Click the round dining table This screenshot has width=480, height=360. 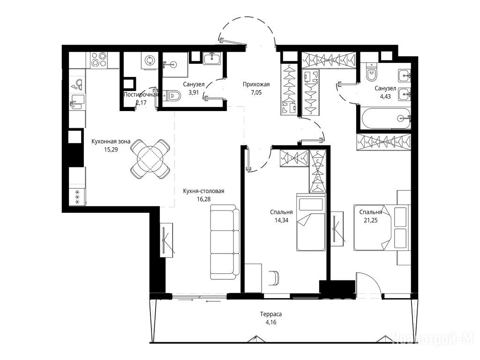[150, 159]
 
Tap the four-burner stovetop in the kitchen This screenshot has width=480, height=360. [99, 60]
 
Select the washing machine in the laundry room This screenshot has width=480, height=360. [150, 60]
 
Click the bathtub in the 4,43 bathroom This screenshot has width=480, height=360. [386, 119]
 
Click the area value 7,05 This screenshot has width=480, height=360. [256, 92]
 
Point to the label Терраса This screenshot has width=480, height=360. [271, 314]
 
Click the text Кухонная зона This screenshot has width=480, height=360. [111, 142]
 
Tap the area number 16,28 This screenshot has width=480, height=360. [204, 199]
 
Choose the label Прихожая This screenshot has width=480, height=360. [256, 84]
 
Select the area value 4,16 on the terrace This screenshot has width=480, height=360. [271, 322]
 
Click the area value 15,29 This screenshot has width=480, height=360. [111, 150]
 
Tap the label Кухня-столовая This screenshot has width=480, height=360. [203, 191]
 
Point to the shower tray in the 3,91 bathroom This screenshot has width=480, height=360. [175, 64]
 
